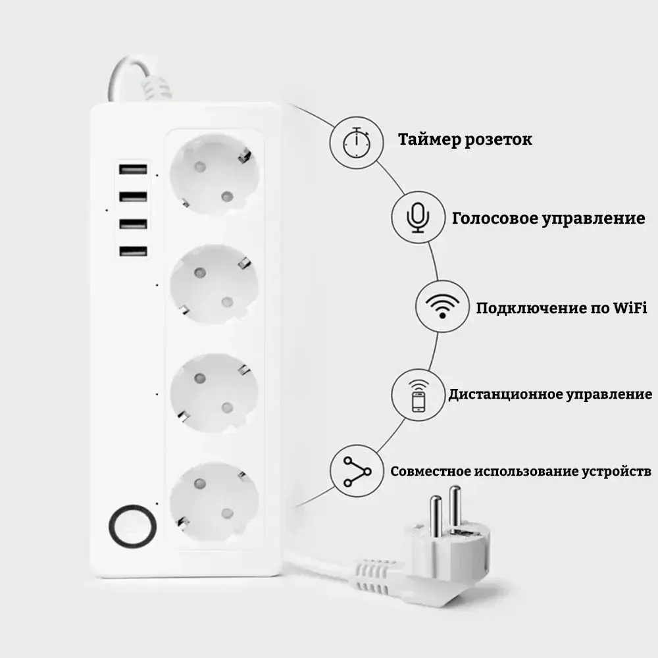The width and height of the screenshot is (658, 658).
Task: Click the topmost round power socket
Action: (214, 174)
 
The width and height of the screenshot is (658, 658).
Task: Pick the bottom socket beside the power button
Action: (214, 501)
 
